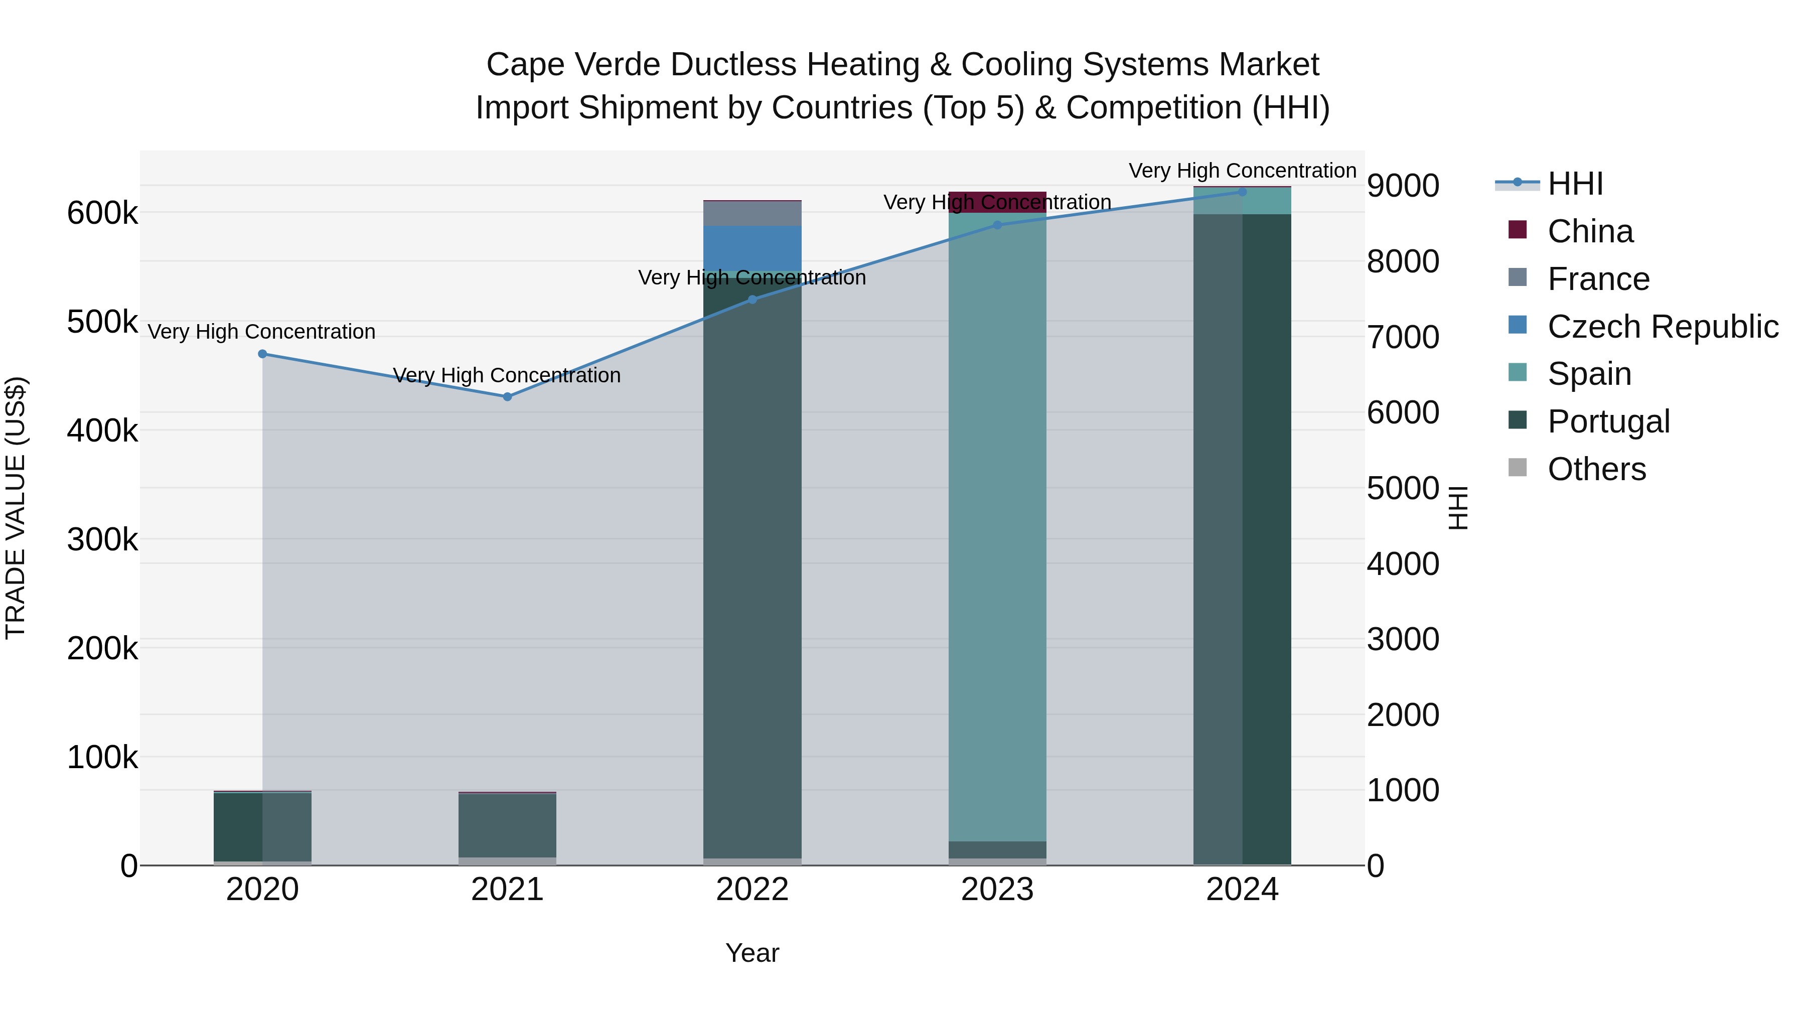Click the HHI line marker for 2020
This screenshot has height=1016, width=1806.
(x=262, y=354)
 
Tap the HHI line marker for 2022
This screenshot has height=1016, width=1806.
(x=753, y=300)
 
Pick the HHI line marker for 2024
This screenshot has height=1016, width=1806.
(x=1242, y=192)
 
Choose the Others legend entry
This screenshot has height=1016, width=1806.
(x=1596, y=469)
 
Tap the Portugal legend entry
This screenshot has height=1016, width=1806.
(x=1608, y=421)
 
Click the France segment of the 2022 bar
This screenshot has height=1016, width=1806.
(x=753, y=213)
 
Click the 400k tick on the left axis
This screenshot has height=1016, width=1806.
(x=102, y=430)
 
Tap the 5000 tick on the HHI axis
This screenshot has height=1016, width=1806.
(x=1402, y=489)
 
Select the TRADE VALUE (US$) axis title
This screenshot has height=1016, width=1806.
(x=16, y=508)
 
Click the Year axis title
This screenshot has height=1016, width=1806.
(x=753, y=953)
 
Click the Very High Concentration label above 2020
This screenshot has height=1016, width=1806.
(x=261, y=332)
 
